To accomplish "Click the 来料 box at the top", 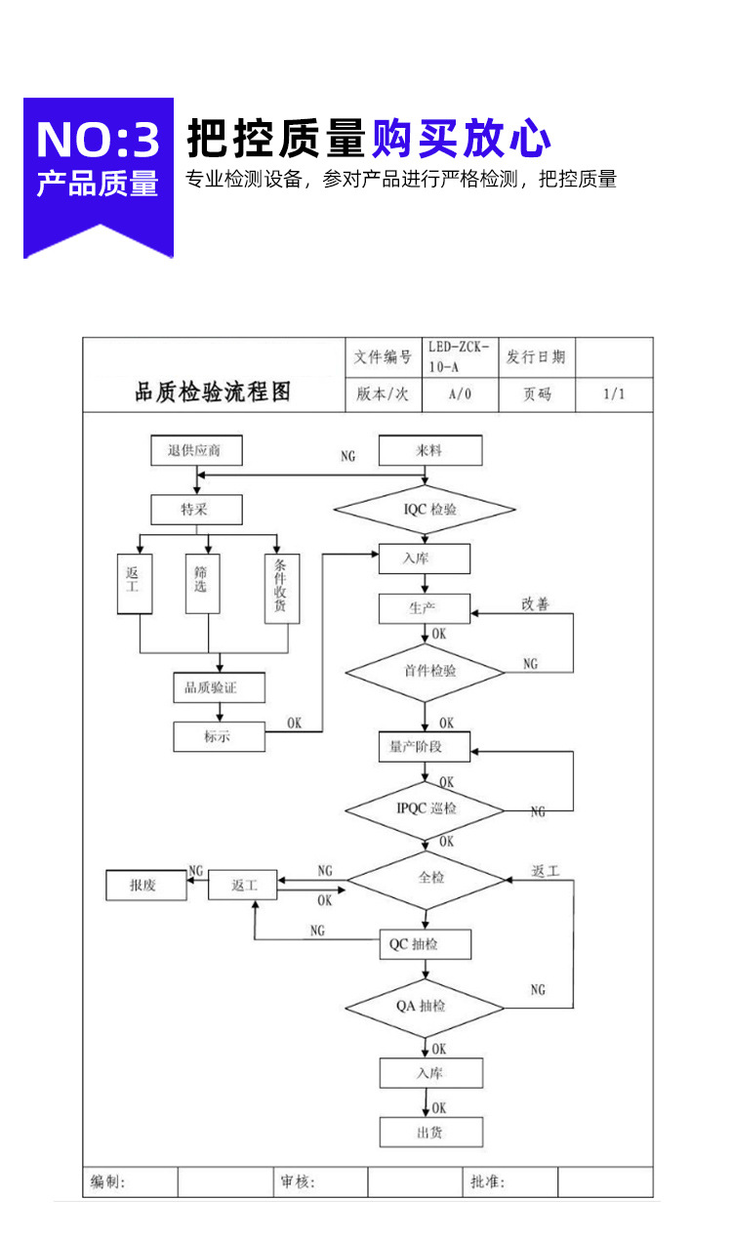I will (x=429, y=451).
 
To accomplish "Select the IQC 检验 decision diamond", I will (x=425, y=510).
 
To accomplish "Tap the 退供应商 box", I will (x=197, y=451).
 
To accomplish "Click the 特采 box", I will (x=196, y=510).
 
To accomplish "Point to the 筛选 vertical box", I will (x=202, y=584).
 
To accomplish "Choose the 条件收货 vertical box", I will (x=281, y=589).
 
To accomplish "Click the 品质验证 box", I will (x=205, y=687).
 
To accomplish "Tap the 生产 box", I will (x=425, y=608).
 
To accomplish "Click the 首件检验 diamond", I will (x=425, y=672).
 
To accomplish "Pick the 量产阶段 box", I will (x=425, y=747).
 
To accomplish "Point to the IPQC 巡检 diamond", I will (x=425, y=809).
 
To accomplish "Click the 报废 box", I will (x=145, y=886).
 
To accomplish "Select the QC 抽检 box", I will (x=425, y=944).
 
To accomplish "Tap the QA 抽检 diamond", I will (x=425, y=1007).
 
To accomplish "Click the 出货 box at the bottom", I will (x=430, y=1132).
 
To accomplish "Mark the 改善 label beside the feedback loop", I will (x=535, y=604).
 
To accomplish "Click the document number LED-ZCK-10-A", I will (x=458, y=357).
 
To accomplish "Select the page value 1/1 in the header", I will (x=614, y=394).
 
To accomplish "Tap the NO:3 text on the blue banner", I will (x=98, y=140).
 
